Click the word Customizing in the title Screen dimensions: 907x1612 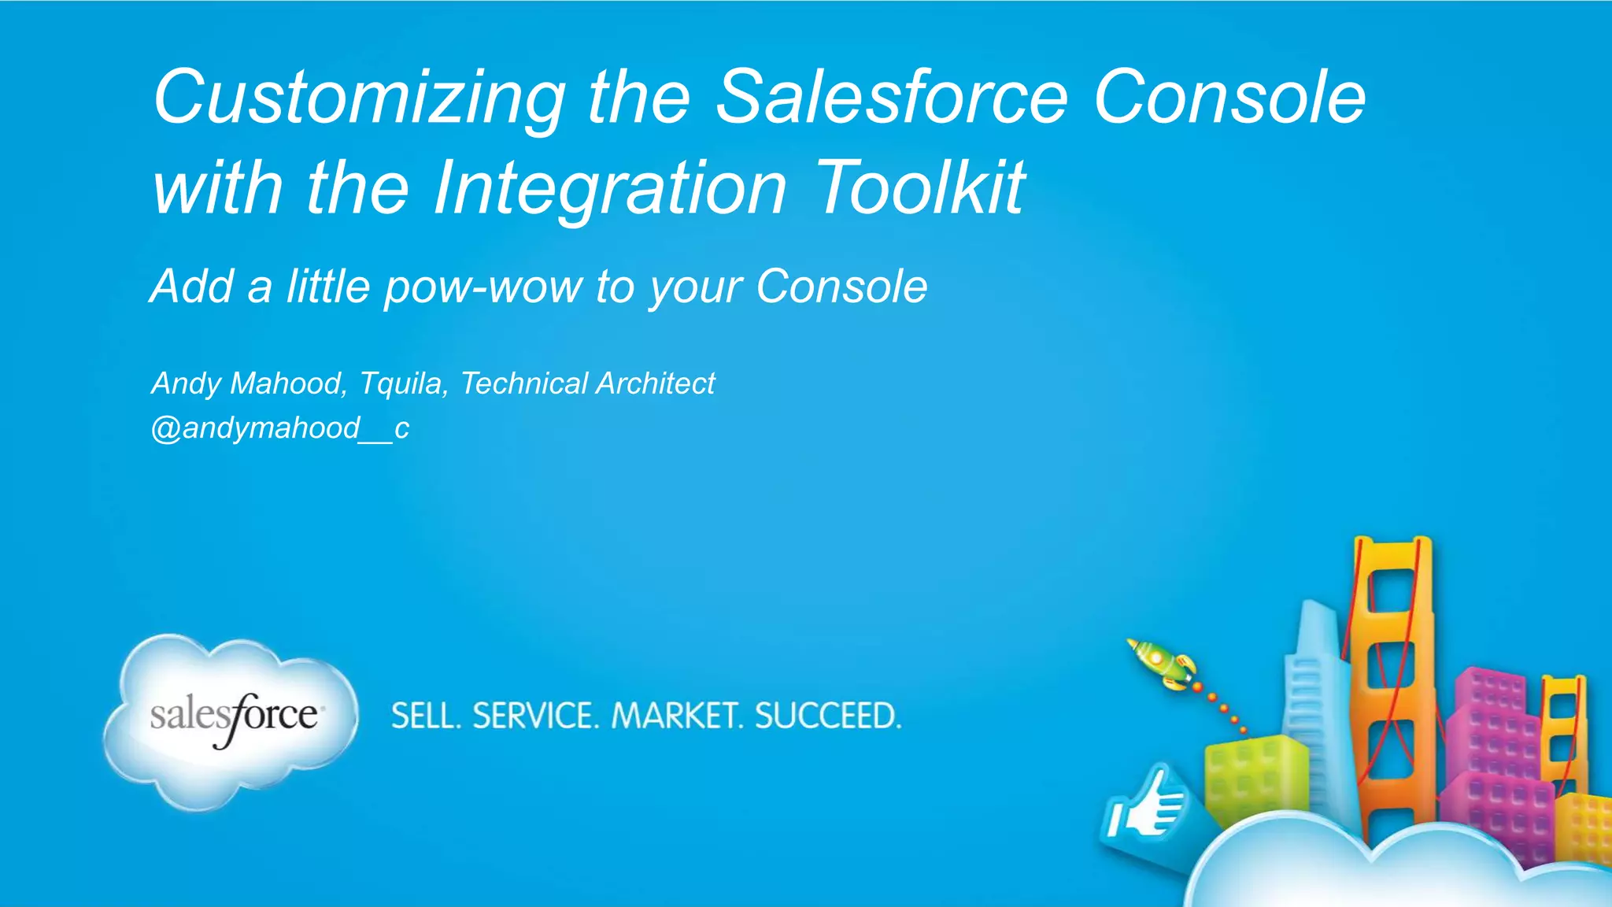(358, 98)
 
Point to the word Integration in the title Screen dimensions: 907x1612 (610, 189)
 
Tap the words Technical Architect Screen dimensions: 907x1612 (587, 383)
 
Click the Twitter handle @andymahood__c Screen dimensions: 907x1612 (279, 428)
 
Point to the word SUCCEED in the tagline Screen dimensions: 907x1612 (827, 716)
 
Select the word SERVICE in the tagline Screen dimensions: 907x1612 (534, 716)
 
